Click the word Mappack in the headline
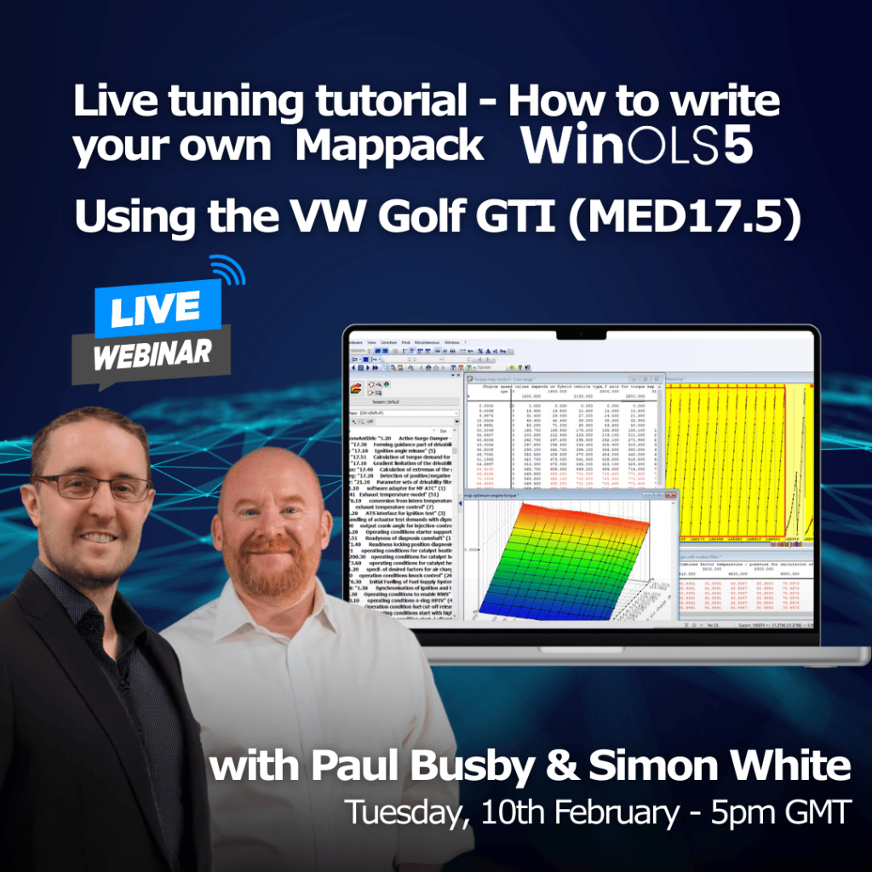point(389,146)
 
